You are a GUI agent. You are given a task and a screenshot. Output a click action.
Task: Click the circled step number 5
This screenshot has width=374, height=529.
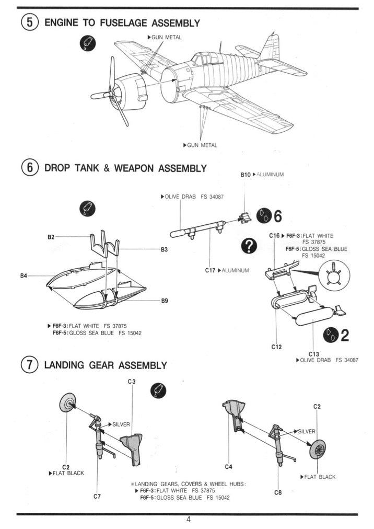[x=30, y=23]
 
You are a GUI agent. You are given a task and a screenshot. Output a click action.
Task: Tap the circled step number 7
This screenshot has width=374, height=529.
[x=30, y=365]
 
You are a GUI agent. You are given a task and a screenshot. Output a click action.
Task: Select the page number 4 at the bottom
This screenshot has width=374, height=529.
[x=188, y=519]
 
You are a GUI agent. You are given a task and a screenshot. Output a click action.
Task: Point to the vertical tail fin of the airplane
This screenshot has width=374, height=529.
[x=272, y=46]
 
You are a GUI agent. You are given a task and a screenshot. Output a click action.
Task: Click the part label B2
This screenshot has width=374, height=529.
[x=51, y=237]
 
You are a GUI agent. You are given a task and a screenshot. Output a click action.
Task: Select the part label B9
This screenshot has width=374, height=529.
[x=164, y=301]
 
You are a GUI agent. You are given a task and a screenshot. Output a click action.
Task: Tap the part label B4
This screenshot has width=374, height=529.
[x=24, y=275]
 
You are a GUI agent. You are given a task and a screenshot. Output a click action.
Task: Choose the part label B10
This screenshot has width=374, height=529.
[x=246, y=175]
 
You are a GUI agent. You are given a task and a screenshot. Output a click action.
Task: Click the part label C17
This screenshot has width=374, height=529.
[x=211, y=270]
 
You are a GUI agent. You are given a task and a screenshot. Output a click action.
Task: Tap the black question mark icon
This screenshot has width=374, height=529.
[x=250, y=246]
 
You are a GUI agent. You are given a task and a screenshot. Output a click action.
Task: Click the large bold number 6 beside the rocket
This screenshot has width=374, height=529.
[x=277, y=216]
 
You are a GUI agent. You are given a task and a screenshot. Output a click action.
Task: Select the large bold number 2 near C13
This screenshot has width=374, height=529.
[x=344, y=335]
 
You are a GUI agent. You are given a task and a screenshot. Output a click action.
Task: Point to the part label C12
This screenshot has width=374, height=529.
[x=276, y=347]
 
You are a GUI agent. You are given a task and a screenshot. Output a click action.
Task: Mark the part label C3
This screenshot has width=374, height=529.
[x=131, y=382]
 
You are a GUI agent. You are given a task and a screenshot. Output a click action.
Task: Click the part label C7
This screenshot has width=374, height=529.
[x=97, y=497]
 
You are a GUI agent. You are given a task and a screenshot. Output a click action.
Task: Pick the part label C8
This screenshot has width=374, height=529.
[x=277, y=491]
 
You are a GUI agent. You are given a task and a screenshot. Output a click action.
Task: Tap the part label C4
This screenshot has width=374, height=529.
[x=228, y=466]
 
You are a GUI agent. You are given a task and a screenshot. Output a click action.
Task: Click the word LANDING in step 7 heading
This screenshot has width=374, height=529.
[x=65, y=365]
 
